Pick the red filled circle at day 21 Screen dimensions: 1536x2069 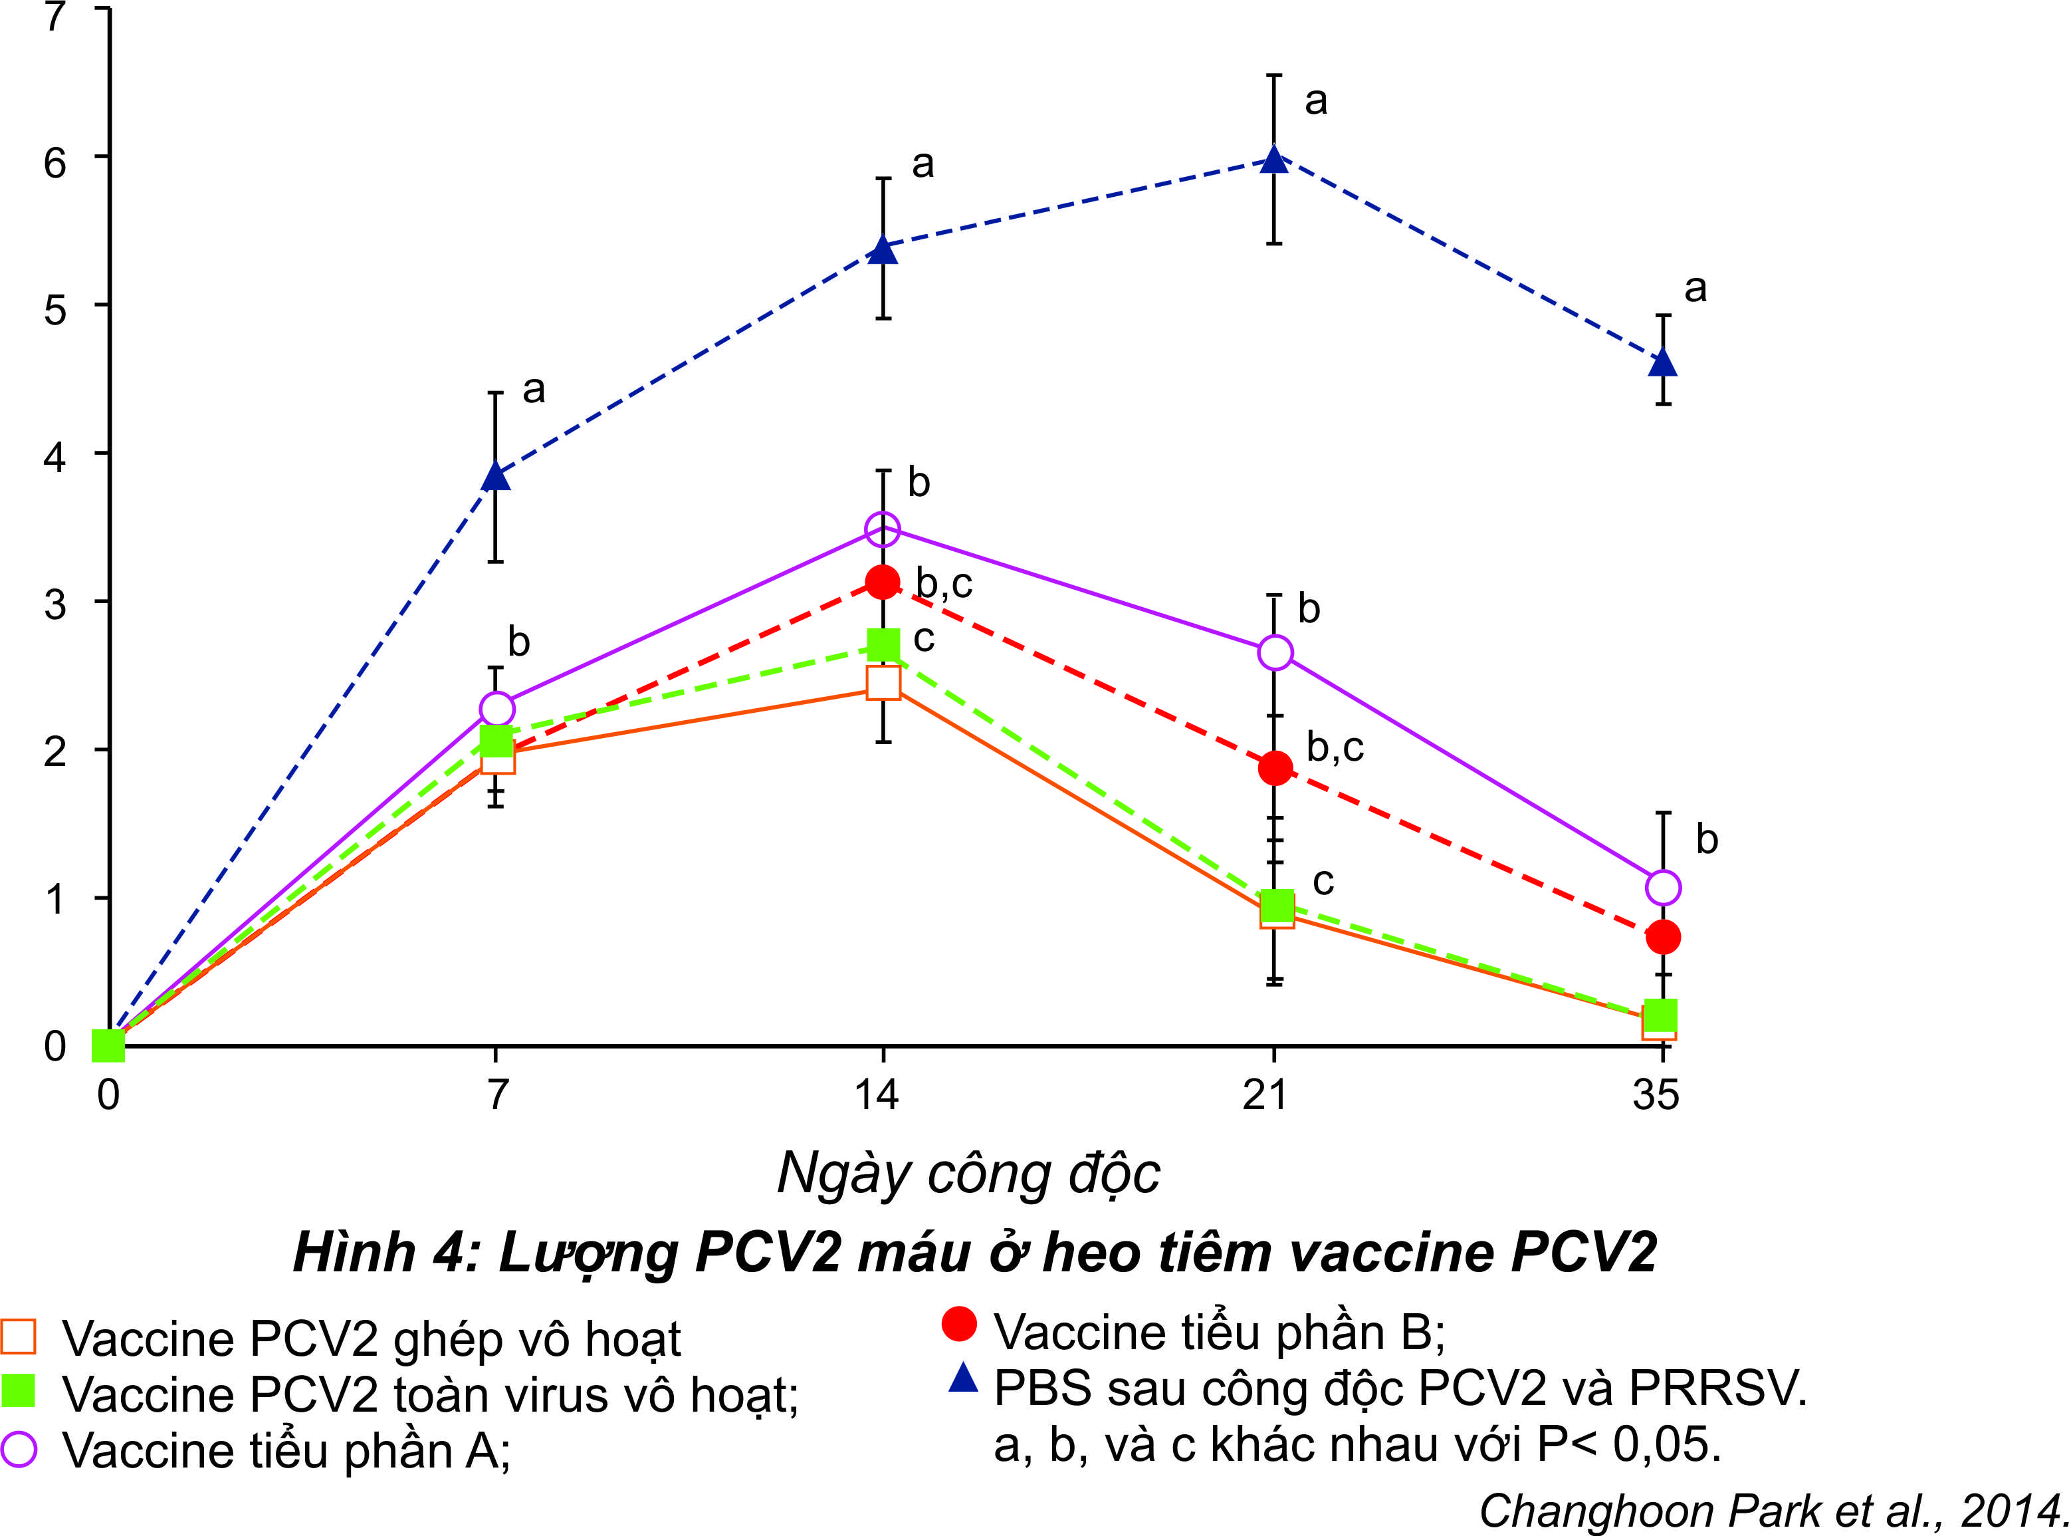[1275, 768]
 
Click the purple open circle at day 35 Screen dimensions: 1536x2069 [1663, 888]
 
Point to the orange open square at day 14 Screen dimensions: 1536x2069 [883, 682]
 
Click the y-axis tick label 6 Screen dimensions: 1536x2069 [55, 164]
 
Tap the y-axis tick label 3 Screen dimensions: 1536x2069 [55, 605]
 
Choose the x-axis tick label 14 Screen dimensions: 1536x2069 [877, 1095]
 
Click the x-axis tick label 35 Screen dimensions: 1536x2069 [1656, 1095]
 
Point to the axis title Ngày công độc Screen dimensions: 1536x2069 [968, 1174]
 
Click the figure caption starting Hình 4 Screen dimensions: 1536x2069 [974, 1253]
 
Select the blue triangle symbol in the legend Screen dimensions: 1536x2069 [963, 1378]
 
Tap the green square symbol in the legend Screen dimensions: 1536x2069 [19, 1392]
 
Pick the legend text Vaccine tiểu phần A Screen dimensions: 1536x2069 [286, 1450]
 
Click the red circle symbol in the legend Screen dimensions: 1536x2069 [959, 1324]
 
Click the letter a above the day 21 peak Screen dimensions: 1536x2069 [1315, 100]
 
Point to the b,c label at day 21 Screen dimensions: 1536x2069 [1335, 747]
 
